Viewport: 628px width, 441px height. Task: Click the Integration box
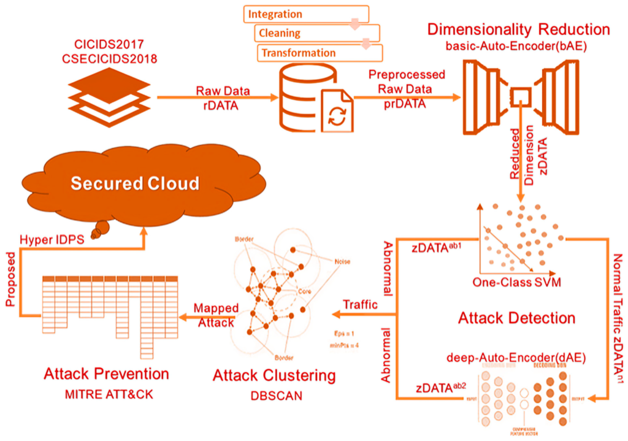(306, 14)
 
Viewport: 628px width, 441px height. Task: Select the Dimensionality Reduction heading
(519, 29)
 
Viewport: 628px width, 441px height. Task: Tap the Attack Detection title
(516, 318)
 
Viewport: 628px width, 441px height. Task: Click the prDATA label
(401, 102)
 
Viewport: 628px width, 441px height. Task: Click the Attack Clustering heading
(274, 374)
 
